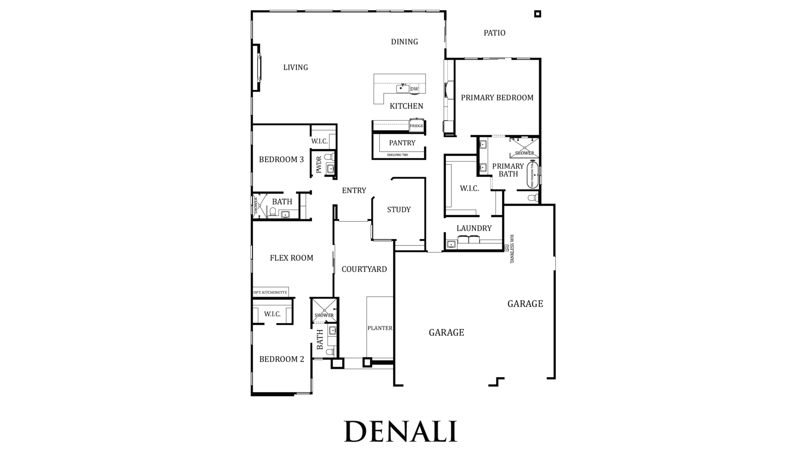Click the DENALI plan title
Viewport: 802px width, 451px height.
coord(401,431)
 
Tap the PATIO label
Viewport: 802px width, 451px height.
coord(494,33)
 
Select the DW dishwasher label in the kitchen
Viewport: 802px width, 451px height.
coord(414,89)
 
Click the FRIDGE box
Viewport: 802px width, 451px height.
coord(417,126)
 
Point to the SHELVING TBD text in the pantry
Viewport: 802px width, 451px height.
coord(398,155)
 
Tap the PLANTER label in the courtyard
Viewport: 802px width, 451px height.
coord(380,328)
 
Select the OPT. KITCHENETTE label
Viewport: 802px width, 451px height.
coord(270,293)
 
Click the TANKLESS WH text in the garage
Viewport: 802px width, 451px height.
coord(512,249)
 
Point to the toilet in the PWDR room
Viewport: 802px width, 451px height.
coord(329,157)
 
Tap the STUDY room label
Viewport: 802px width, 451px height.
coord(399,210)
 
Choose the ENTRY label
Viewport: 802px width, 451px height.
coord(354,190)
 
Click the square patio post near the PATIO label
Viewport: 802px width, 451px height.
coord(538,14)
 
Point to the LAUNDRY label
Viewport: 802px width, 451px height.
coord(474,228)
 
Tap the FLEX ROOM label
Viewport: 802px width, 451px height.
coord(292,258)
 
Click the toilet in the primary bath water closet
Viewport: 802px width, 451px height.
coord(533,198)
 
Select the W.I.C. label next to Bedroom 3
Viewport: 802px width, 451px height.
coord(320,141)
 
